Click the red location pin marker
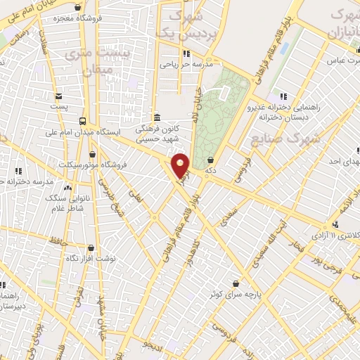point(181,166)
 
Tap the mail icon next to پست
point(58,96)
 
